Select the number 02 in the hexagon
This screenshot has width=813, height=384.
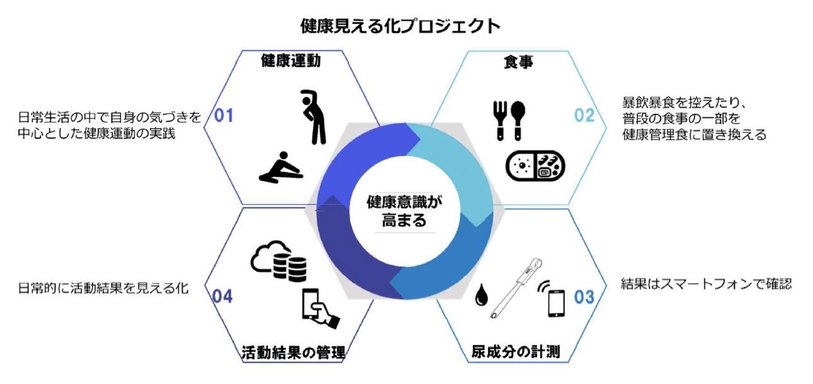584,115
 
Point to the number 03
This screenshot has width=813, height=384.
584,295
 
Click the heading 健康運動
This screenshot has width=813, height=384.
291,61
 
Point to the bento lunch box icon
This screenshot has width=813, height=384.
535,165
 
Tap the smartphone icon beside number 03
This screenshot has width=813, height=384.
555,302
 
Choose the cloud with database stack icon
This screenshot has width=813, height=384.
279,260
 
